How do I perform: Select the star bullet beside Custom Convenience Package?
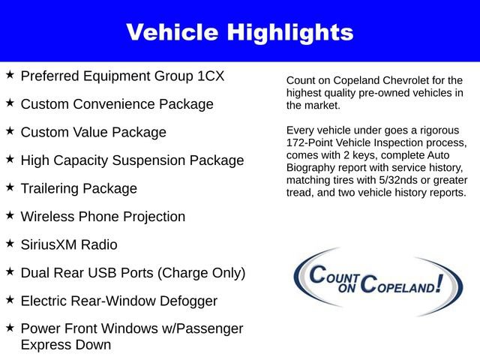[10, 103]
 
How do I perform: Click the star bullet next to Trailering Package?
[10, 187]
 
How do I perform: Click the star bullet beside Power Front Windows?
[10, 328]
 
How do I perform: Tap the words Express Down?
[66, 345]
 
